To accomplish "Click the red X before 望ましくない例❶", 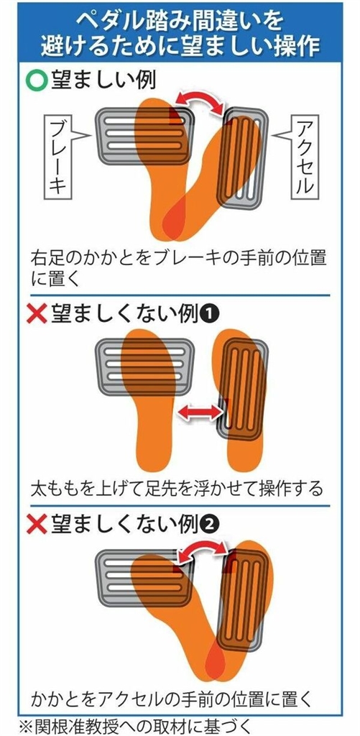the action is pyautogui.click(x=37, y=314).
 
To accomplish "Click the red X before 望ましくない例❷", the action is pyautogui.click(x=37, y=525).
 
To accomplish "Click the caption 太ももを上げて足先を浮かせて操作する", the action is pyautogui.click(x=177, y=489).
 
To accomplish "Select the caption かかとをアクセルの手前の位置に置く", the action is pyautogui.click(x=171, y=700).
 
